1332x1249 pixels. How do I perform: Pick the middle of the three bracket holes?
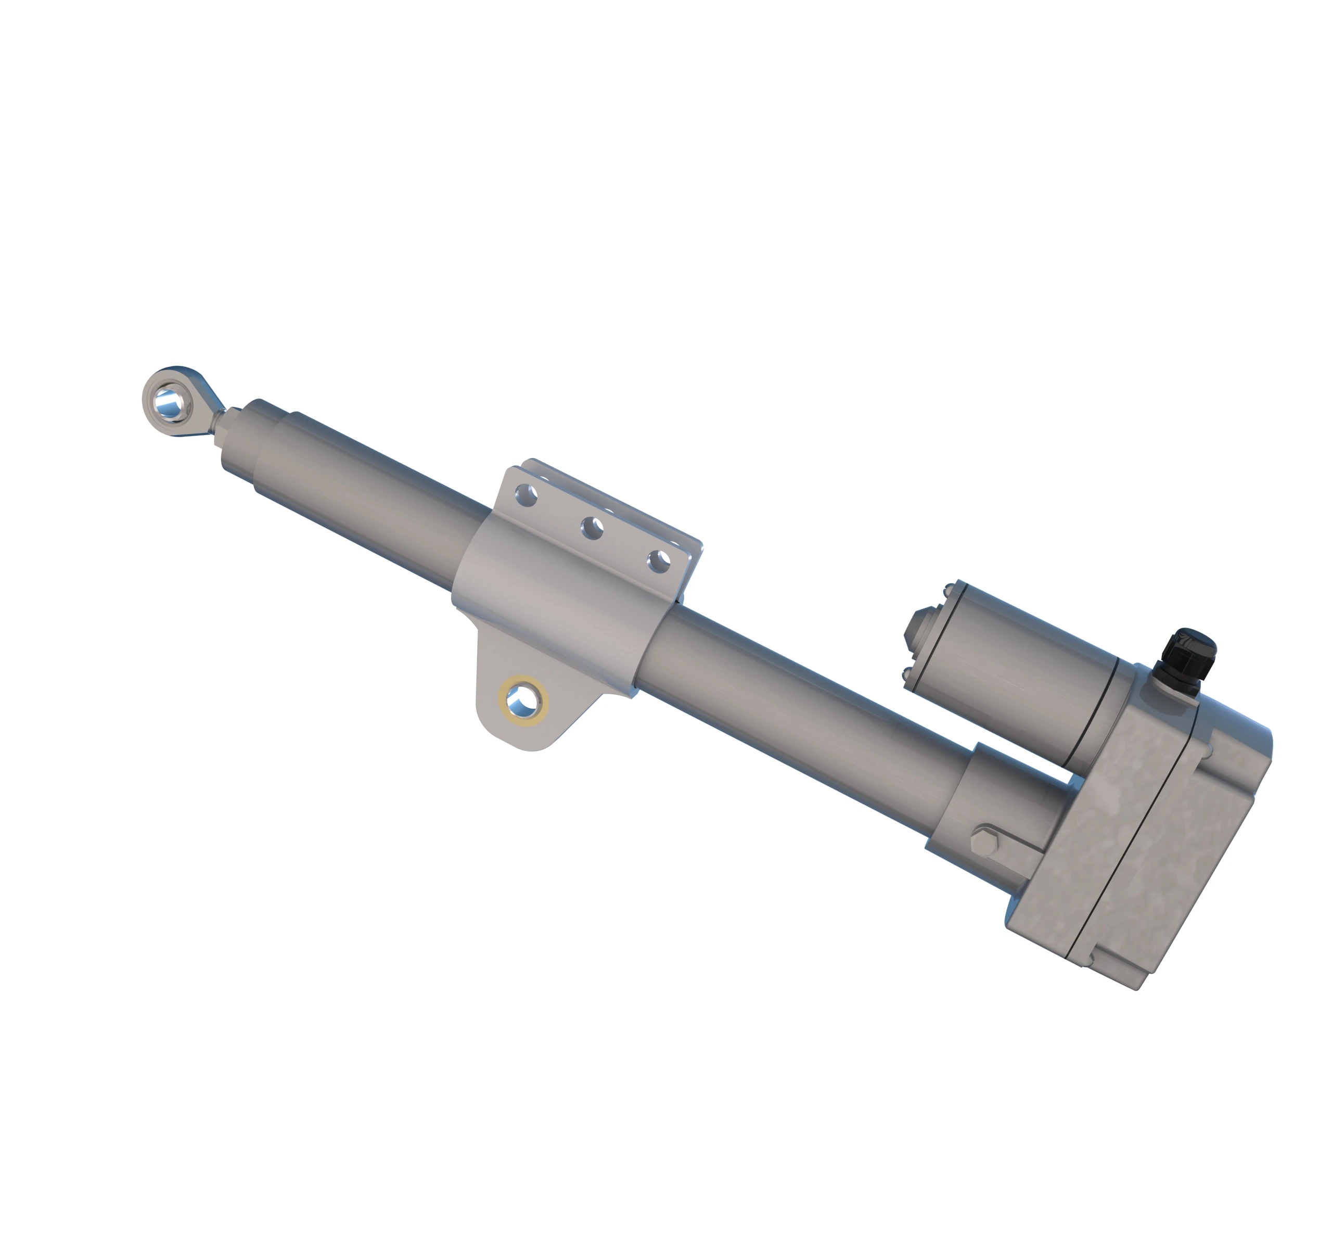pyautogui.click(x=592, y=529)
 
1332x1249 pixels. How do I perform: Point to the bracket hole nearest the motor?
pyautogui.click(x=660, y=561)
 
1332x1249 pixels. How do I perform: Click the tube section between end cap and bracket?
pyautogui.click(x=375, y=503)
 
